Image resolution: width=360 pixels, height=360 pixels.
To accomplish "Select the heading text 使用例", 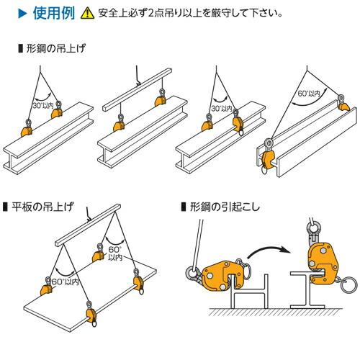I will click(x=52, y=12).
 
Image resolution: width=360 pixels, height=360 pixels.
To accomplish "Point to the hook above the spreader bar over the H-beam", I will click(x=134, y=71).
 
